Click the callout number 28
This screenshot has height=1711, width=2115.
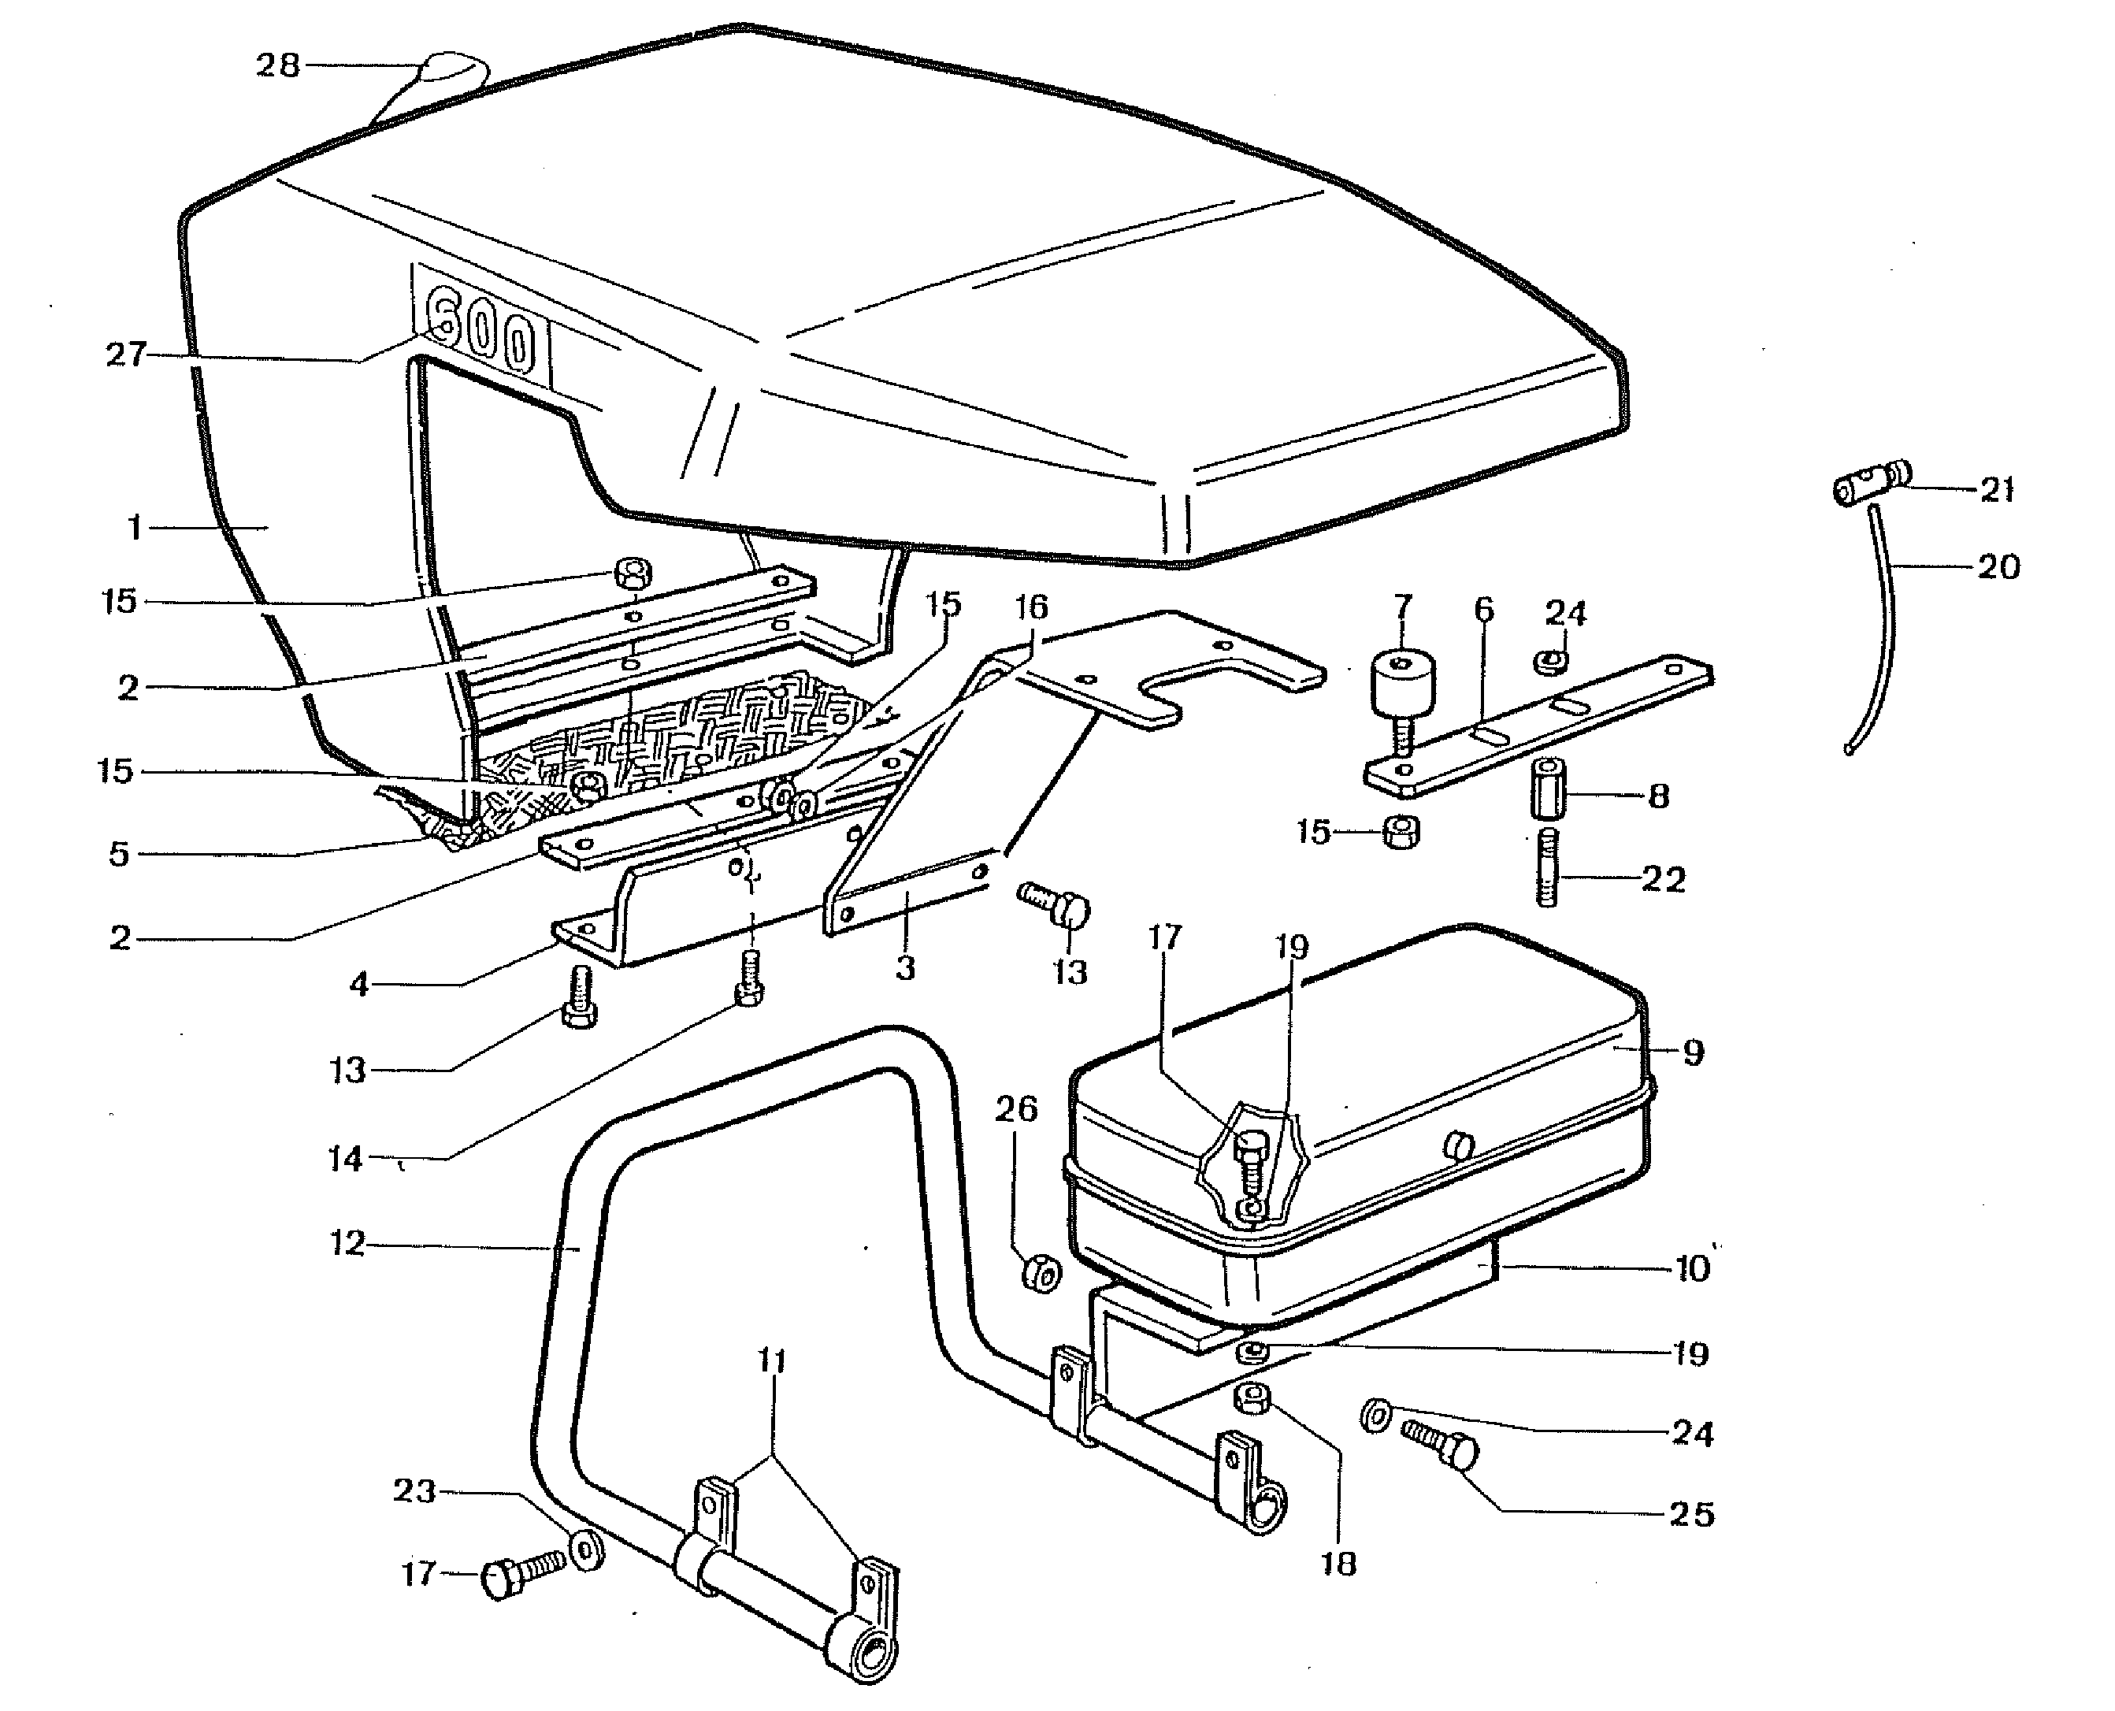pyautogui.click(x=277, y=66)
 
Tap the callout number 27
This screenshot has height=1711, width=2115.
pyautogui.click(x=126, y=354)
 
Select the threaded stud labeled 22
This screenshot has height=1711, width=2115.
pyautogui.click(x=1547, y=867)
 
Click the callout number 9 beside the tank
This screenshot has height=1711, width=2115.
pyautogui.click(x=1694, y=1052)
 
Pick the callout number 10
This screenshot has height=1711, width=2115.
pyautogui.click(x=1692, y=1268)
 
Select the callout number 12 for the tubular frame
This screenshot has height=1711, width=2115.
pyautogui.click(x=347, y=1244)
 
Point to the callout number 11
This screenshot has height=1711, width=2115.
pyautogui.click(x=773, y=1361)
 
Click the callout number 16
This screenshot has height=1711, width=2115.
pyautogui.click(x=1031, y=607)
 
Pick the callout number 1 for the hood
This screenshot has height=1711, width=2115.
pyautogui.click(x=135, y=529)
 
